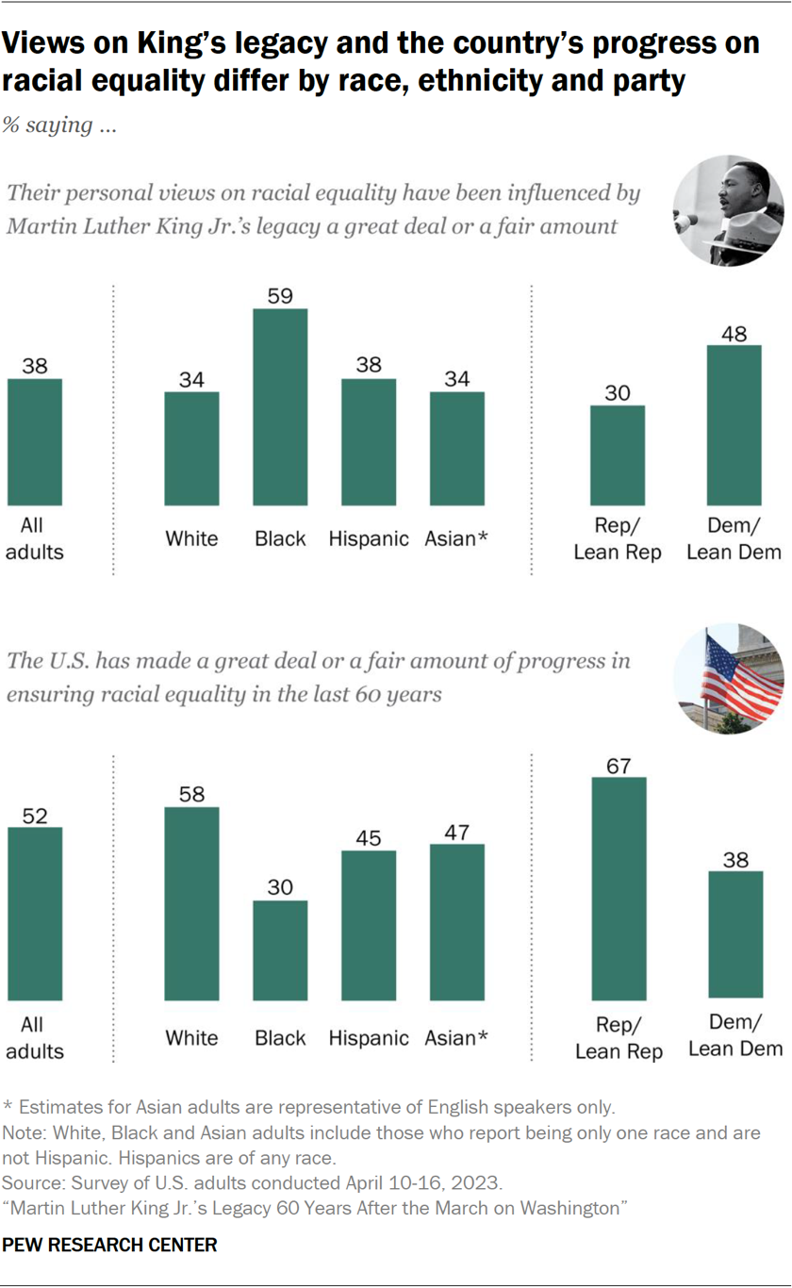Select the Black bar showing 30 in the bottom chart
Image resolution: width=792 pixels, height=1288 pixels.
pyautogui.click(x=280, y=949)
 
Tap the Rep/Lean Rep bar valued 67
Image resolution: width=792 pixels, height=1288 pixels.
pyautogui.click(x=618, y=888)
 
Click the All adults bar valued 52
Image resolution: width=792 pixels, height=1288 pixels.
pyautogui.click(x=35, y=913)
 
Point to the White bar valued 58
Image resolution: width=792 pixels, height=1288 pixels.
pyautogui.click(x=191, y=903)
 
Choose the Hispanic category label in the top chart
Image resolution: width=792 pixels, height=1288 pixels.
pyautogui.click(x=369, y=538)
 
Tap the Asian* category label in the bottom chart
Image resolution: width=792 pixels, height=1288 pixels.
pyautogui.click(x=457, y=1037)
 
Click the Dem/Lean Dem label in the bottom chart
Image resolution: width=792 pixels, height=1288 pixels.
pyautogui.click(x=735, y=1035)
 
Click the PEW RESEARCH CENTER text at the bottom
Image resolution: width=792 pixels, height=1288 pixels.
pyautogui.click(x=109, y=1245)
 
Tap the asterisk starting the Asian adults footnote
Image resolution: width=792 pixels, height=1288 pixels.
pyautogui.click(x=8, y=1106)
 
